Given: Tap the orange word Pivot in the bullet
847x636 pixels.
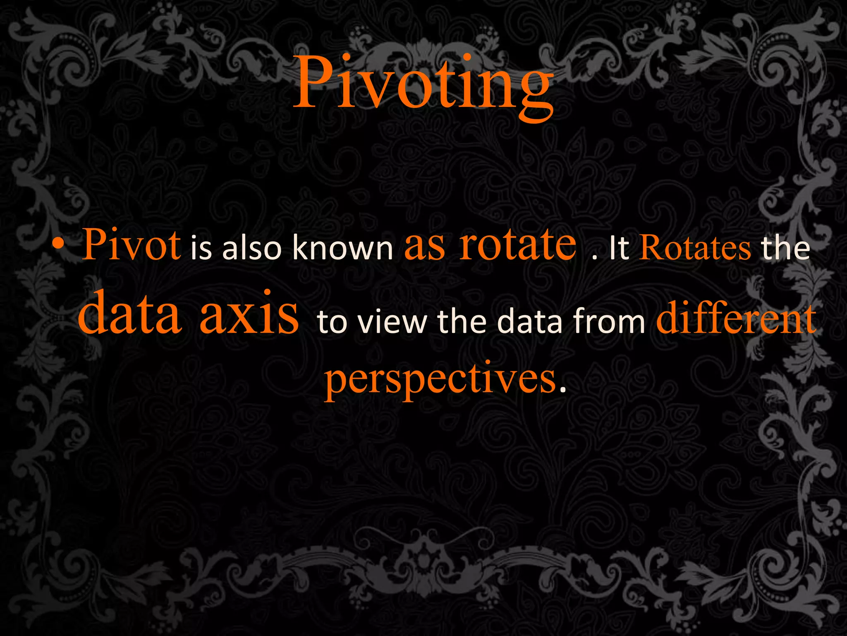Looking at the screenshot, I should point(132,245).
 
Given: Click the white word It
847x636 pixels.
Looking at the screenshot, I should point(619,248).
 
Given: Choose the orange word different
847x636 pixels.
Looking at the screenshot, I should point(736,319).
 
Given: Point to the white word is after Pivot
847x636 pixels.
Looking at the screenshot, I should point(201,248).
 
